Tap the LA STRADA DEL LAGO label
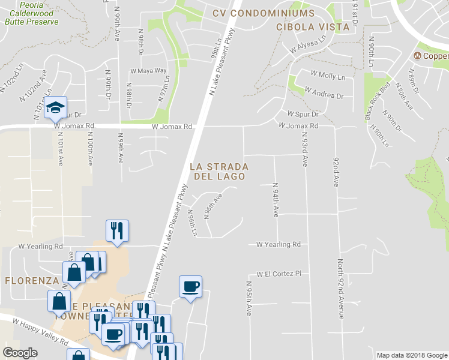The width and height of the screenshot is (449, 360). (218, 171)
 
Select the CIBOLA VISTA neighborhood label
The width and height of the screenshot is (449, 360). (312, 27)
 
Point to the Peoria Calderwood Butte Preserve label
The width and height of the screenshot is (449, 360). (31, 13)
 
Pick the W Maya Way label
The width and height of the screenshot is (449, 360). (148, 71)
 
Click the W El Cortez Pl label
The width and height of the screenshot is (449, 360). (278, 274)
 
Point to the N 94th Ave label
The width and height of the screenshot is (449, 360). (275, 200)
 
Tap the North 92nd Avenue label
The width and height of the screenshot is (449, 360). (340, 288)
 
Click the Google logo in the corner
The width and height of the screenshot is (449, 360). (20, 353)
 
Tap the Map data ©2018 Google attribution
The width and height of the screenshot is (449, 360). (411, 355)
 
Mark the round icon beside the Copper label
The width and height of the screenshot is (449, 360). (418, 56)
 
